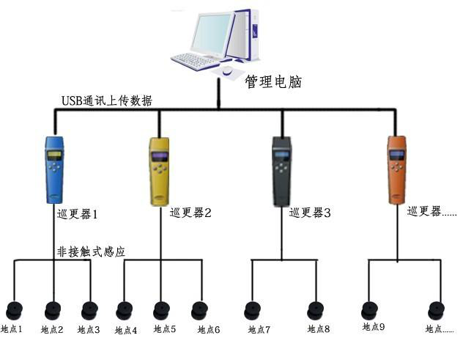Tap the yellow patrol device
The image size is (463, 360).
tap(159, 171)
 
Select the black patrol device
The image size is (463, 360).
tap(281, 171)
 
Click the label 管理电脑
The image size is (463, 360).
tap(274, 80)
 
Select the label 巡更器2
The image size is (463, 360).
tap(190, 213)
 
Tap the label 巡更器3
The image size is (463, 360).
tap(310, 213)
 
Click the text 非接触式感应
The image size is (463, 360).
tap(91, 251)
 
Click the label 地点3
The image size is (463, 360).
tap(89, 330)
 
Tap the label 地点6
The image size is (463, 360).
tap(208, 330)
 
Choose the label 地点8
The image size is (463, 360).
tap(319, 330)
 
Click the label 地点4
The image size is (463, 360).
tap(126, 331)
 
